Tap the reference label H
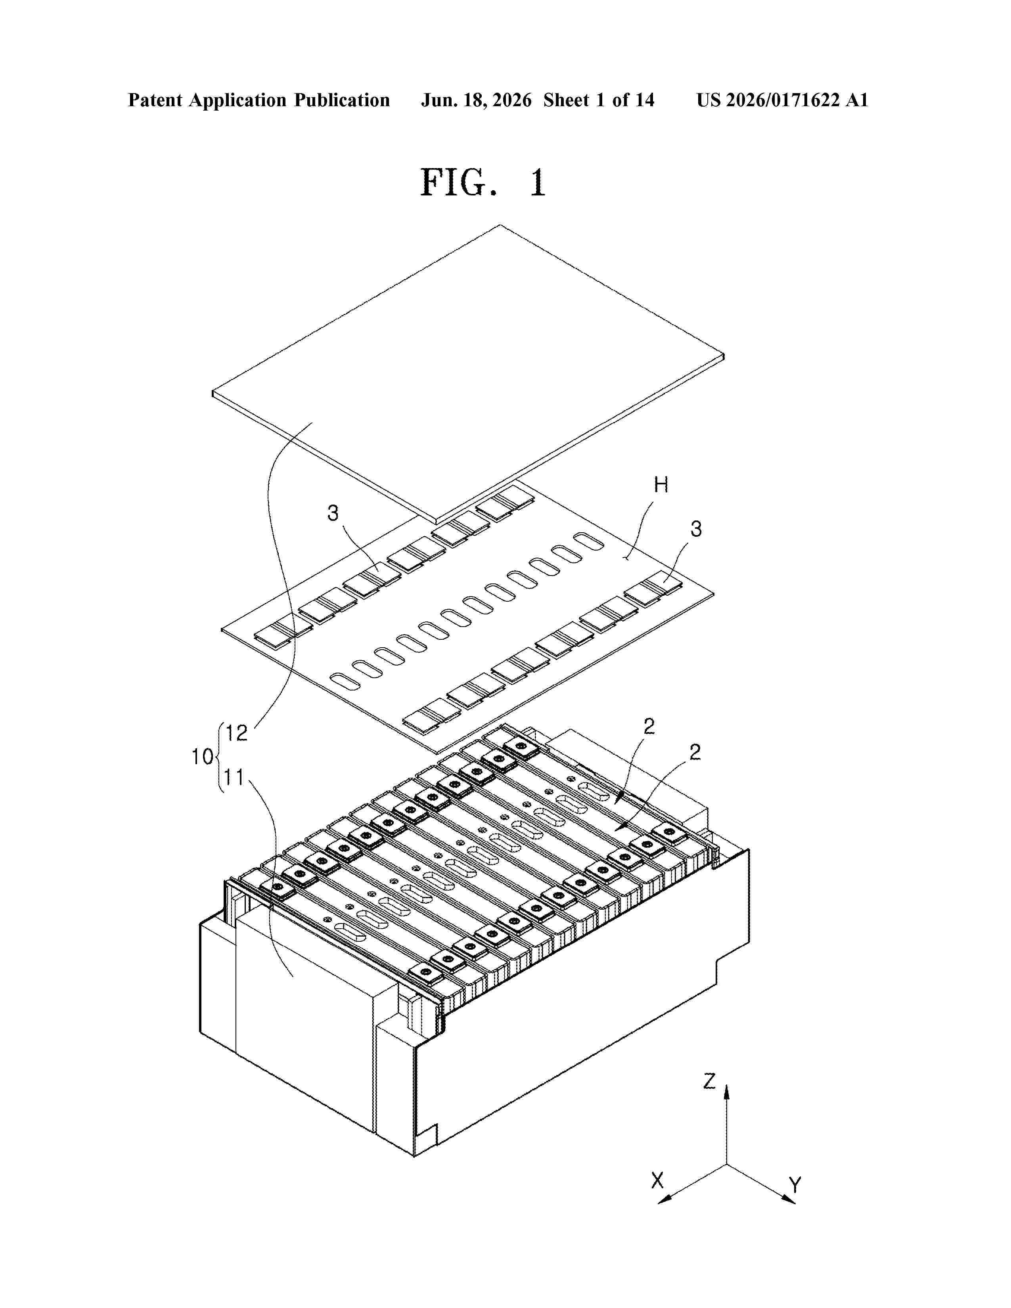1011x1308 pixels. click(x=661, y=485)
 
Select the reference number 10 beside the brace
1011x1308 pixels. click(x=203, y=757)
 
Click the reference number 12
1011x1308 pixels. click(x=237, y=733)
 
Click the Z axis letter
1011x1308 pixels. click(x=709, y=1081)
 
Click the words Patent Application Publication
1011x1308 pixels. click(x=259, y=101)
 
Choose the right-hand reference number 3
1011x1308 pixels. click(x=696, y=528)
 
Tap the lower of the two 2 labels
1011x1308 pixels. click(x=695, y=752)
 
